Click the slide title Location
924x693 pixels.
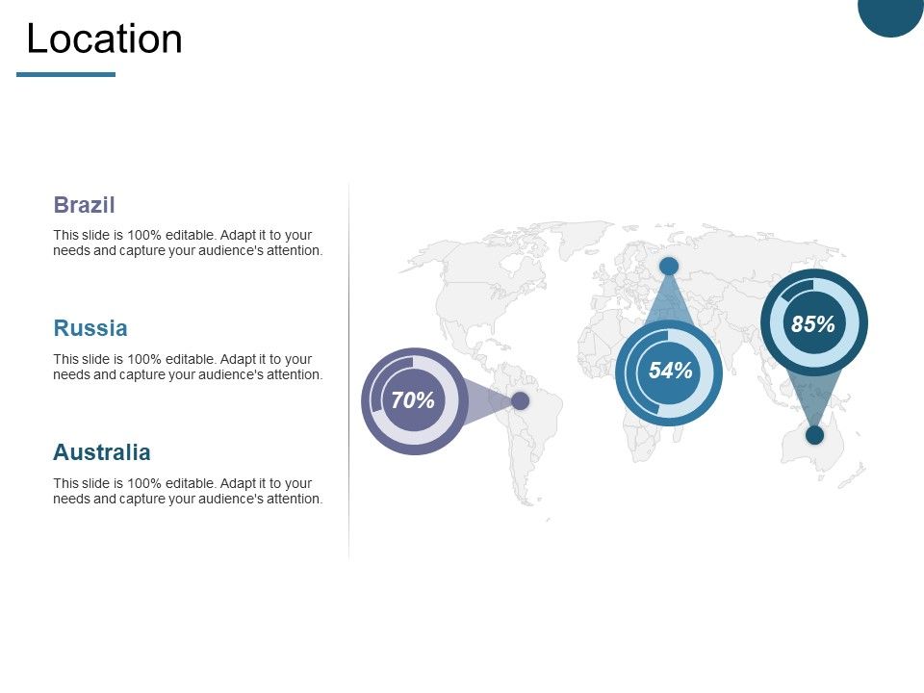click(104, 39)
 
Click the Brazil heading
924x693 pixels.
click(85, 205)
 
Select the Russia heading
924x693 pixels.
click(90, 328)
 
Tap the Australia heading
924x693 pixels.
click(102, 452)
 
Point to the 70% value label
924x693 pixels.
click(414, 401)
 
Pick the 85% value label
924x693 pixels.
click(813, 324)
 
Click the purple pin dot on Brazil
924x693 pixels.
click(520, 400)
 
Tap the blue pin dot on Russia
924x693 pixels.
click(669, 266)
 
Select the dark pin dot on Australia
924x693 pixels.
click(814, 435)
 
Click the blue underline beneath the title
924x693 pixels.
click(65, 74)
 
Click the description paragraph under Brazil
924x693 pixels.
click(188, 243)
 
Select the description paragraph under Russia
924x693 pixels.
click(188, 367)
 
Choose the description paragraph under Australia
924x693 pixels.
click(188, 491)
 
